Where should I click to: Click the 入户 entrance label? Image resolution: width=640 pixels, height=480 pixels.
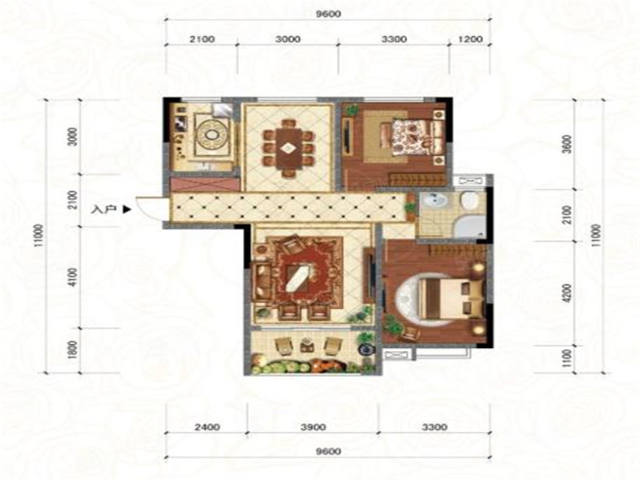click(104, 210)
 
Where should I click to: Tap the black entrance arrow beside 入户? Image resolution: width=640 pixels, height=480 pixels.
click(127, 210)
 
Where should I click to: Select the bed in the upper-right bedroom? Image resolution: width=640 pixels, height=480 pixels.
click(412, 136)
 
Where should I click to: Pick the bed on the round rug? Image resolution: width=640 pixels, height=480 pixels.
click(449, 298)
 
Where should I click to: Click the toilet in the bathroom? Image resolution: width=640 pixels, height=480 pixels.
click(470, 201)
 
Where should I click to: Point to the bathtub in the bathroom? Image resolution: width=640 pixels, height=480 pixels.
click(470, 226)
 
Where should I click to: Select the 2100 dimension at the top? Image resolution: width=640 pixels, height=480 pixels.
click(202, 39)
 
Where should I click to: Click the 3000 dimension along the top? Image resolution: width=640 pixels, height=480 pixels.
click(288, 39)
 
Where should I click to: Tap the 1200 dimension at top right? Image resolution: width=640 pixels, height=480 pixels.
click(470, 39)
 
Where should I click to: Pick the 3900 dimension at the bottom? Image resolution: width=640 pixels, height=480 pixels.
click(313, 427)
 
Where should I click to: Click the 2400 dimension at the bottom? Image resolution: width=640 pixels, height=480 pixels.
click(207, 427)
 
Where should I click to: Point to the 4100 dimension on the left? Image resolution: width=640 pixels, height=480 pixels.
click(72, 277)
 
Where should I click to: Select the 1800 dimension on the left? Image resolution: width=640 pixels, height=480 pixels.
click(72, 349)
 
